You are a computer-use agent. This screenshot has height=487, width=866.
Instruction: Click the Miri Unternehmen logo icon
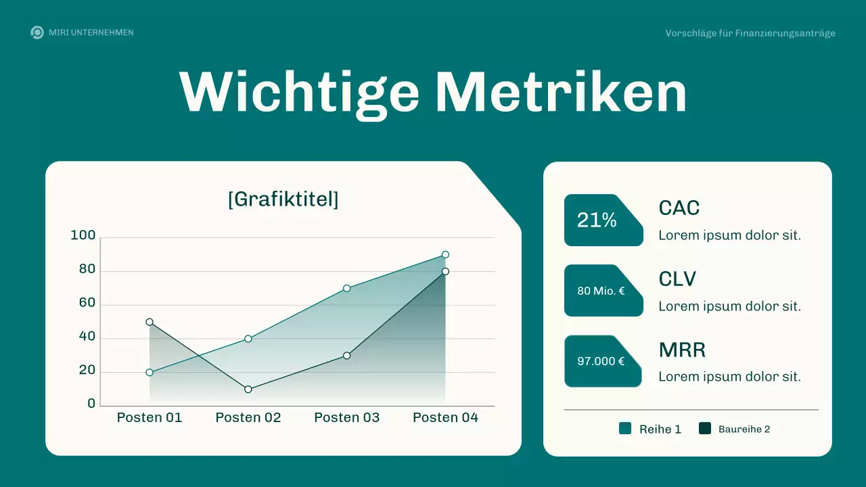click(x=37, y=32)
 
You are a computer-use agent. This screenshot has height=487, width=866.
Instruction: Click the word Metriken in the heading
click(x=561, y=92)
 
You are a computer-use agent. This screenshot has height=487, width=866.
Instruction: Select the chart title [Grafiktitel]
click(x=283, y=200)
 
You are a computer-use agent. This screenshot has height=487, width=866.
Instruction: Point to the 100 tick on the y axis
click(x=83, y=235)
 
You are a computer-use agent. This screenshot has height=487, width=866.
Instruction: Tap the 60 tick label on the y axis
click(x=87, y=302)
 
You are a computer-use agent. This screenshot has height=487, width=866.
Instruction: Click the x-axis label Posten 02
click(x=248, y=417)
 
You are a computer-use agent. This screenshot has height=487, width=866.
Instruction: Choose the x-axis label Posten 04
click(x=445, y=417)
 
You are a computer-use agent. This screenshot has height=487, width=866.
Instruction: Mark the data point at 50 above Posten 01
click(x=150, y=322)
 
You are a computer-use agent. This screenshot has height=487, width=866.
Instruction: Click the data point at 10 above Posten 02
click(x=248, y=389)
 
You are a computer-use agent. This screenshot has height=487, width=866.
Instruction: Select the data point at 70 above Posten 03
click(x=346, y=288)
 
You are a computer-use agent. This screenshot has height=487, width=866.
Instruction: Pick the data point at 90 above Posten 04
click(x=445, y=255)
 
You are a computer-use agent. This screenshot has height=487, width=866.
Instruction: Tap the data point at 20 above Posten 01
click(x=150, y=372)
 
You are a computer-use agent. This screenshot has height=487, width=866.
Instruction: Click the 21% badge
click(x=597, y=220)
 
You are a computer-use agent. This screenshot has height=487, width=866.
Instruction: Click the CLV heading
click(x=677, y=279)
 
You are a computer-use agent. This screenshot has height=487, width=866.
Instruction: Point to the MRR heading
click(x=682, y=350)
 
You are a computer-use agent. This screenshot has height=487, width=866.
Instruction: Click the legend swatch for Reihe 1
click(x=625, y=428)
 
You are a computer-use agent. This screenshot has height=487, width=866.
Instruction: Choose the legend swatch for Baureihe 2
click(x=705, y=428)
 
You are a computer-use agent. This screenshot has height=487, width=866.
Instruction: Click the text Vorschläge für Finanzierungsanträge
click(x=750, y=33)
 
